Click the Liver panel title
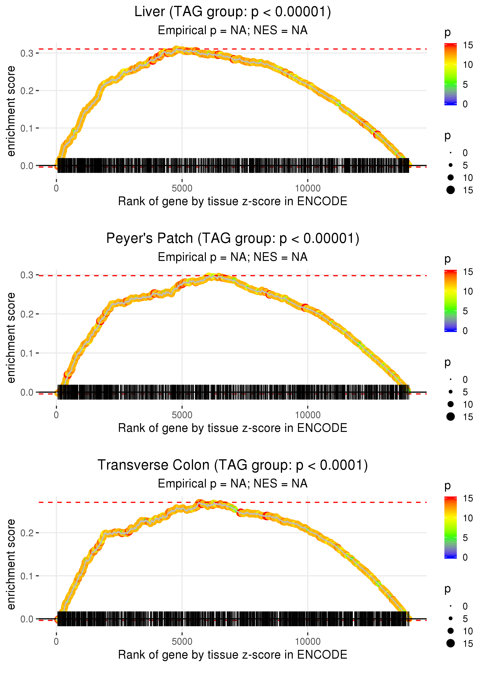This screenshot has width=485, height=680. [x=233, y=12]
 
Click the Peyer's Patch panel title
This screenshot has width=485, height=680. [x=233, y=239]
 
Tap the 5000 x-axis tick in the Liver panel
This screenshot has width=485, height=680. [x=182, y=188]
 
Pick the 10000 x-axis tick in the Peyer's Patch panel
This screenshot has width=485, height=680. [x=308, y=415]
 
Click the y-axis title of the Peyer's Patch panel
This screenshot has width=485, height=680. [x=11, y=338]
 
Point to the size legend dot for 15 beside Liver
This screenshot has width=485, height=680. [x=451, y=190]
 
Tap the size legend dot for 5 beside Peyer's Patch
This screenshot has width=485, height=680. [x=451, y=392]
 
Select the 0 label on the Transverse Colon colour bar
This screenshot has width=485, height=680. [x=465, y=557]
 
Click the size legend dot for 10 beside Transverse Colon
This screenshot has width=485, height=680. [x=451, y=631]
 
